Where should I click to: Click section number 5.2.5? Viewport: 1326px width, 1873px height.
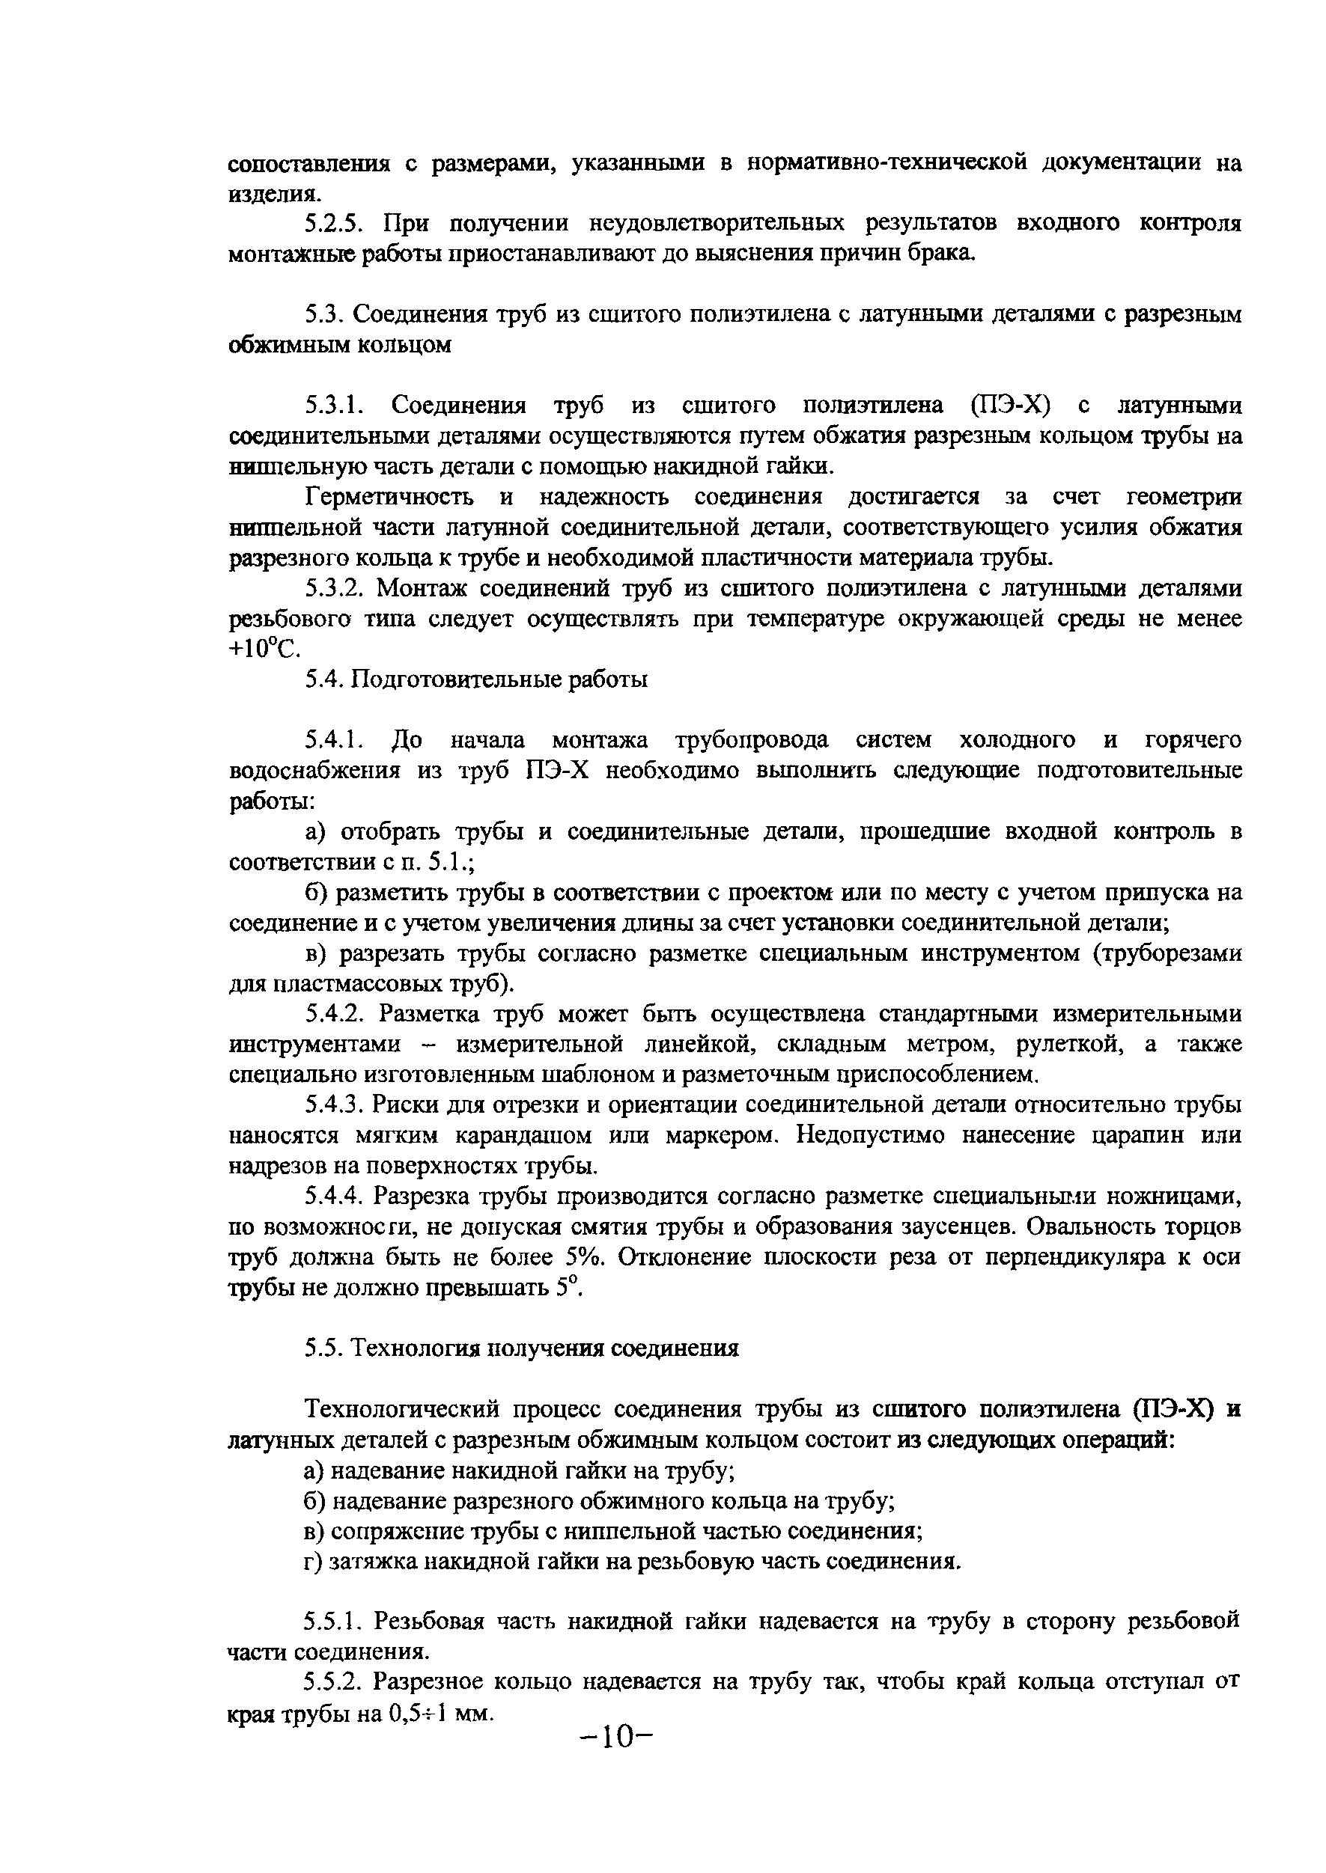point(335,223)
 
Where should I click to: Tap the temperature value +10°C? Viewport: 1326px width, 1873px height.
point(264,650)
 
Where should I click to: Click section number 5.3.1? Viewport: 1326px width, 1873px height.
point(335,406)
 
